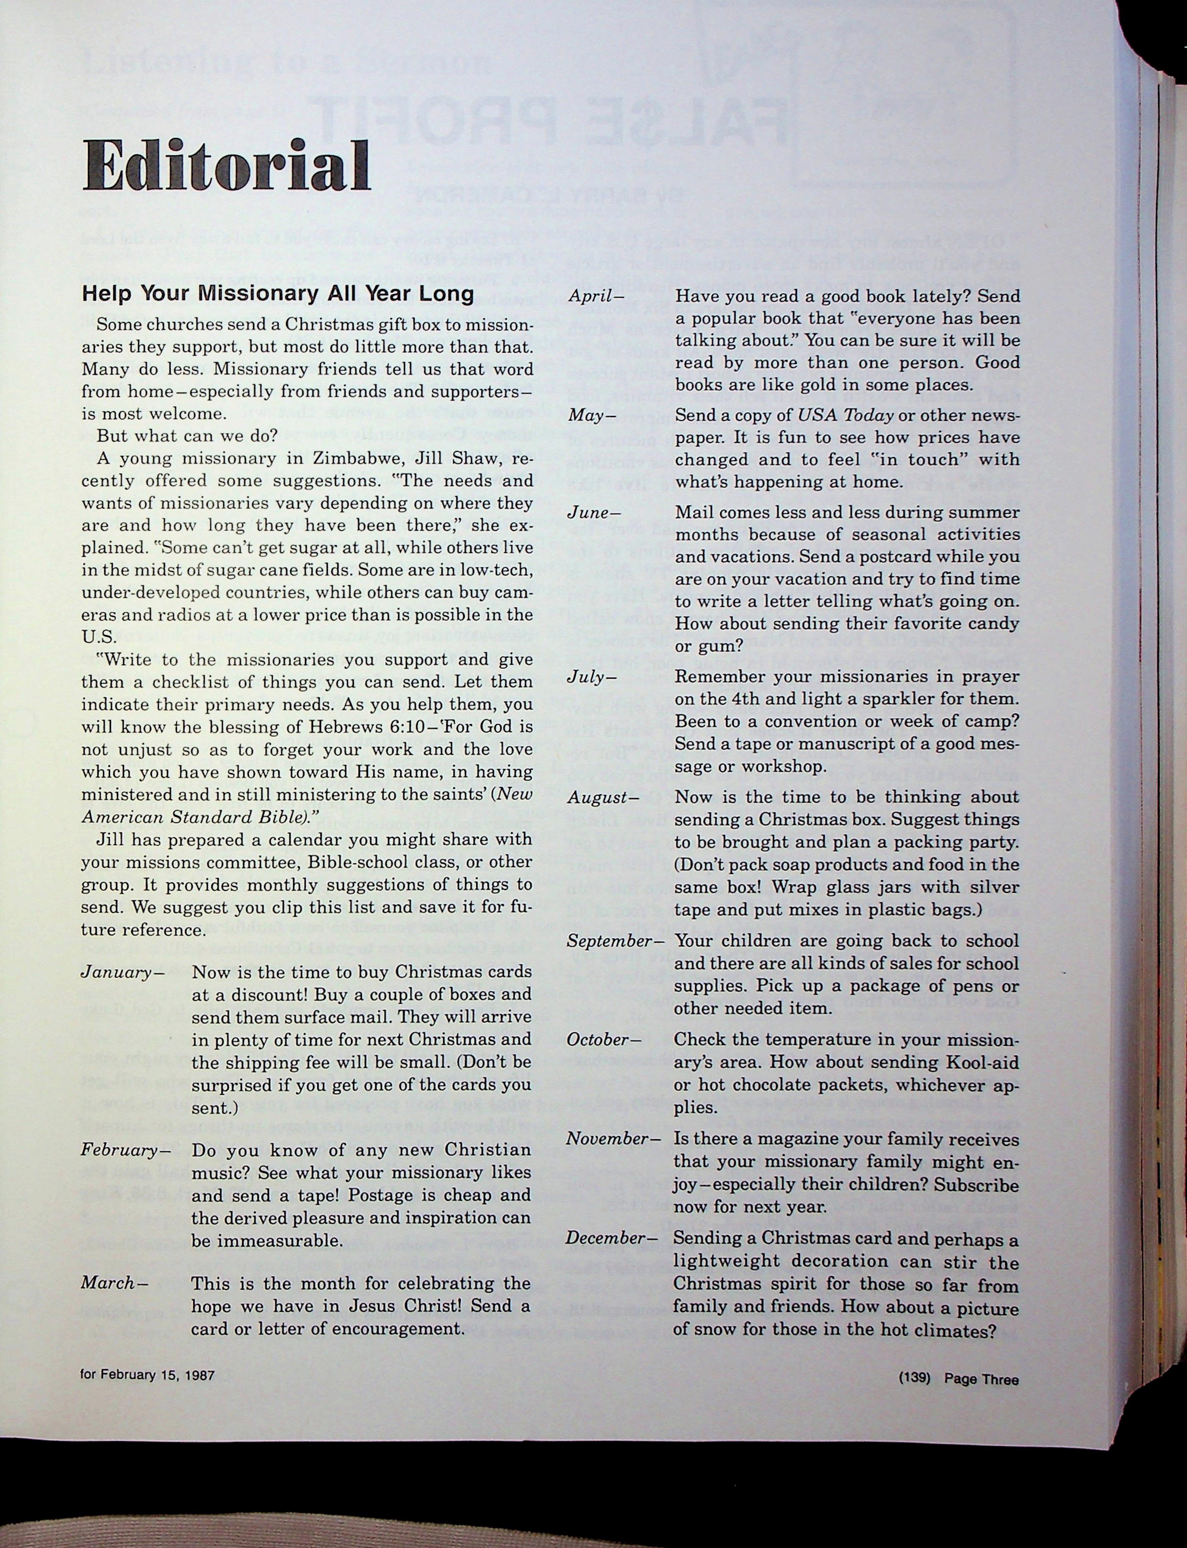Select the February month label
[x=125, y=1150]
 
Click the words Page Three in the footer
[x=982, y=1378]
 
